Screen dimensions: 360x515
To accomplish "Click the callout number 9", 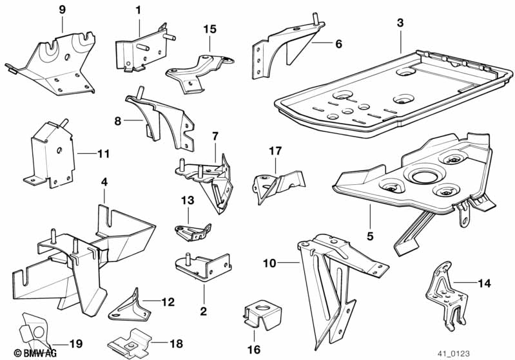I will pos(62,9).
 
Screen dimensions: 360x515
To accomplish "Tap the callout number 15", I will pos(210,29).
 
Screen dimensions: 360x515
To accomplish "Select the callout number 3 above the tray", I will pos(400,23).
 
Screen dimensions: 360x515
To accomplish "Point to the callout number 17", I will pos(275,151).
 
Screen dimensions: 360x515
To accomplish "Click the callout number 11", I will pos(104,155).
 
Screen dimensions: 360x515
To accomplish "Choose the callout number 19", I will pos(75,345).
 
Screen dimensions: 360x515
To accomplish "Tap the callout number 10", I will pos(269,263).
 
